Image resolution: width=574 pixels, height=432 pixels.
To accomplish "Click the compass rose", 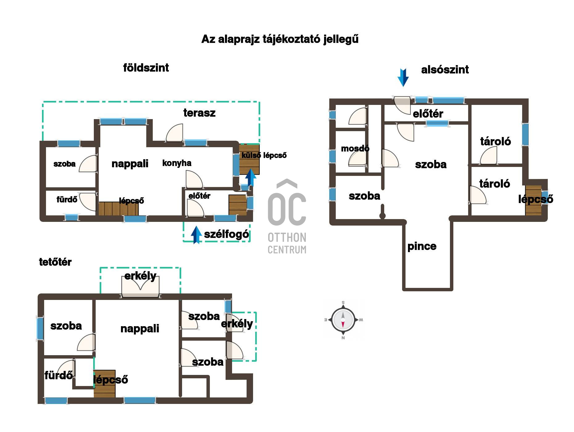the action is [343, 320].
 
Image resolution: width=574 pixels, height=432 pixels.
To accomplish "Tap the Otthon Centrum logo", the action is [287, 216].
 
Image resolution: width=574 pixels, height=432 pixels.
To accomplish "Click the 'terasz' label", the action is [199, 113].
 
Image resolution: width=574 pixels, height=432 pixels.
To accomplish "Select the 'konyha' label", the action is [177, 163].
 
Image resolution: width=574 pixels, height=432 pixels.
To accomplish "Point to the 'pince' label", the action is [422, 246].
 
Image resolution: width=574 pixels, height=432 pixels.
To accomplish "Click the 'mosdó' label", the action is [355, 148].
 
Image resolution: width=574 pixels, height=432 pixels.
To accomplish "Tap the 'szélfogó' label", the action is [227, 234].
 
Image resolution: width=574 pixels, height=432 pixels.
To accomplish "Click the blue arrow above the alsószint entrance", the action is [403, 77].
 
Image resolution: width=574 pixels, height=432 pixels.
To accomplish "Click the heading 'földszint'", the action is [146, 68].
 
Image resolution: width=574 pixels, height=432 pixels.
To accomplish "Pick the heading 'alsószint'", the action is [445, 70].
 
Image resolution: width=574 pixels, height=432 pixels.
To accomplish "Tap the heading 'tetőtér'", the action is [55, 262].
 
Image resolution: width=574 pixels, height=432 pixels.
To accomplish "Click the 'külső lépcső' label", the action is [264, 155].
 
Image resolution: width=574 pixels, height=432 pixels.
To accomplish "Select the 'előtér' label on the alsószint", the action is [428, 114].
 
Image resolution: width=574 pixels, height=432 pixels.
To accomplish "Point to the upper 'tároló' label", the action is [496, 141].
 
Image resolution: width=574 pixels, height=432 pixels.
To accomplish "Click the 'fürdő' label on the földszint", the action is [67, 199].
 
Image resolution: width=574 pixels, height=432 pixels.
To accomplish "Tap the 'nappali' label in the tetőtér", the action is [140, 329].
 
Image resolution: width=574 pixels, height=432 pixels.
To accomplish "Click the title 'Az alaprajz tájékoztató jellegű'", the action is [280, 39].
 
